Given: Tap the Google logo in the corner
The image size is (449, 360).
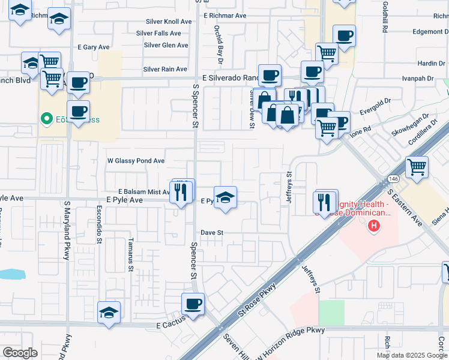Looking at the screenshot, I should point(20,352).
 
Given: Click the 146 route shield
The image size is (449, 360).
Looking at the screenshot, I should point(393,179).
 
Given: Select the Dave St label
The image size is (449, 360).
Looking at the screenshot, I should point(212,232).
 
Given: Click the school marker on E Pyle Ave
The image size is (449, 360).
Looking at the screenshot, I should point(225,197).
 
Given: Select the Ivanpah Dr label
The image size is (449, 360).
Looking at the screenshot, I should point(418,78).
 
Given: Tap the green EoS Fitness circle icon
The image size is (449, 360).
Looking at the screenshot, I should point(45,118).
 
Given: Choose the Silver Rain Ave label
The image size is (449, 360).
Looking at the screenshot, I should point(165,69).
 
